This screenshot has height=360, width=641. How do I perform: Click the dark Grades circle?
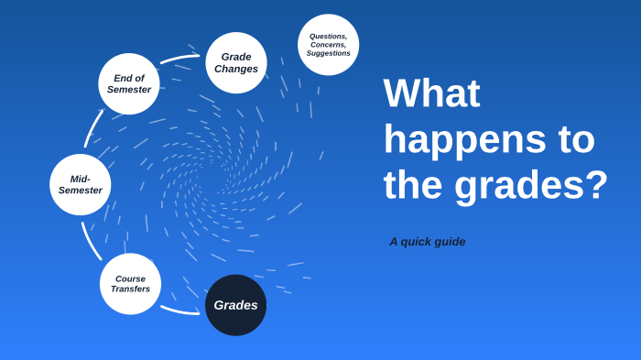[x=235, y=305]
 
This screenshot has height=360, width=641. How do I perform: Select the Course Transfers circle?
[x=130, y=284]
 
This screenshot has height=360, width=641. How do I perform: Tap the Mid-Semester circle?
[x=81, y=184]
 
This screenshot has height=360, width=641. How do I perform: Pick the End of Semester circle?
[x=129, y=83]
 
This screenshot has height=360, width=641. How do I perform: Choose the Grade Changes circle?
[x=236, y=62]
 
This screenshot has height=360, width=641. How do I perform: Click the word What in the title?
[x=431, y=93]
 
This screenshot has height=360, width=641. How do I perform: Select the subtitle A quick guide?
[x=427, y=242]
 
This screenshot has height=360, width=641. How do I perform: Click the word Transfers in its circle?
[x=130, y=289]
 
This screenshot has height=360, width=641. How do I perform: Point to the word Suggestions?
[x=328, y=53]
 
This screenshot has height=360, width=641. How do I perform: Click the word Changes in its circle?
[x=236, y=69]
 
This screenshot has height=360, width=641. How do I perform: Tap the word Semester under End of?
[x=129, y=90]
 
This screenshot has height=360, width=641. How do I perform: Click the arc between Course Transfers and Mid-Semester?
[x=90, y=241]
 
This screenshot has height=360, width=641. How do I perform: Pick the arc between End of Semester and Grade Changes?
[x=179, y=59]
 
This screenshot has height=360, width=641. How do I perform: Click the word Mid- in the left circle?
[x=81, y=179]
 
